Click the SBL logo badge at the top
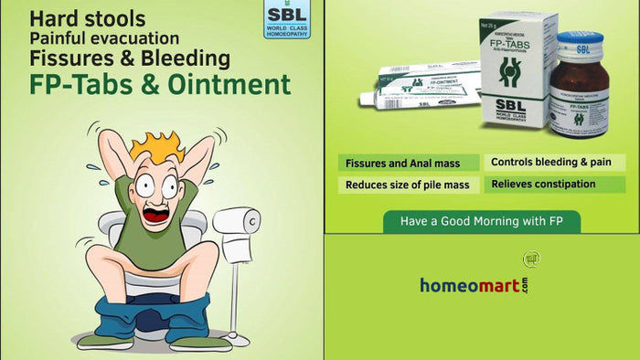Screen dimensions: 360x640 [x=285, y=19]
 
